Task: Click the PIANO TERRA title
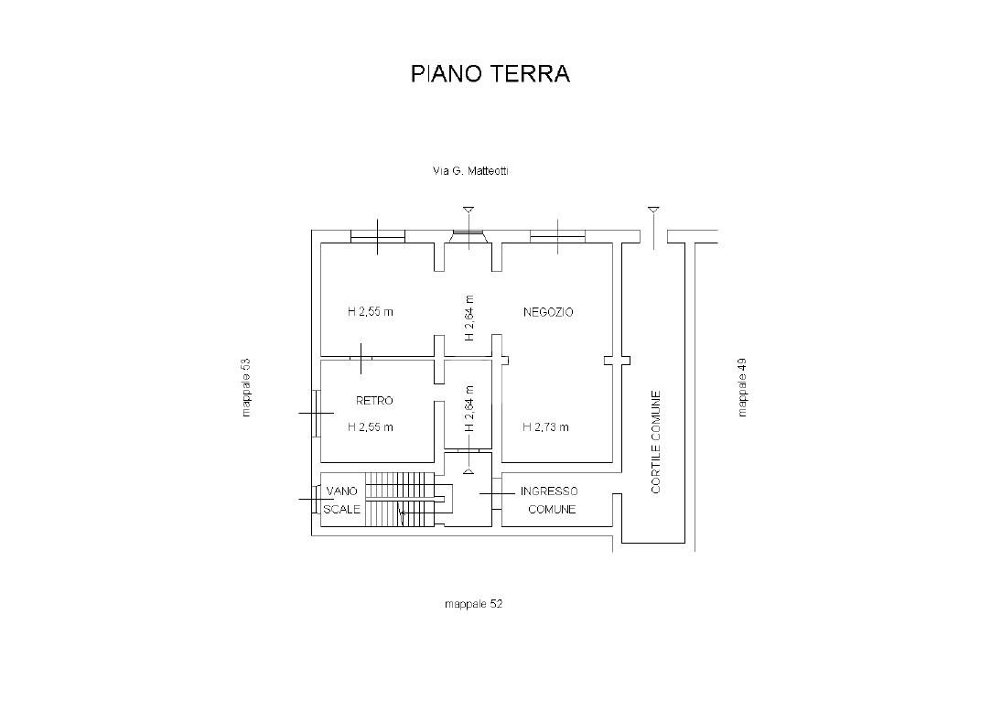[x=490, y=73]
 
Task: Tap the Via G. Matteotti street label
[x=470, y=170]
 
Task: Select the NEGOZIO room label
[x=548, y=311]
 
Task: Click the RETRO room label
[x=374, y=400]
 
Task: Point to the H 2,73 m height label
[x=545, y=426]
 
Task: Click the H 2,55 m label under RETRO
[x=371, y=426]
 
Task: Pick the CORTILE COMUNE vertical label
[x=655, y=442]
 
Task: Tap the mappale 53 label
[x=246, y=387]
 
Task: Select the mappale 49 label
[x=742, y=387]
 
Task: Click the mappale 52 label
[x=473, y=603]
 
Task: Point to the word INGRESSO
[x=549, y=491]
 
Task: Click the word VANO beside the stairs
[x=342, y=491]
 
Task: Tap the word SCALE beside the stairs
[x=342, y=509]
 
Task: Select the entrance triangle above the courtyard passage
[x=653, y=210]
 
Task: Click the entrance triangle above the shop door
[x=469, y=210]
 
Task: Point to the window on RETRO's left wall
[x=316, y=413]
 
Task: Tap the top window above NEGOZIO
[x=557, y=236]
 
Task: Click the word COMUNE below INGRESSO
[x=552, y=509]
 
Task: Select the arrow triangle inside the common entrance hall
[x=469, y=470]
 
